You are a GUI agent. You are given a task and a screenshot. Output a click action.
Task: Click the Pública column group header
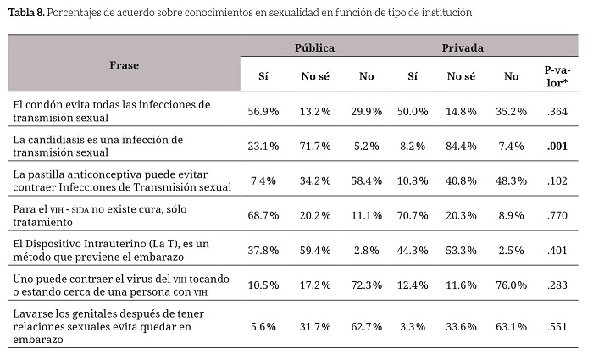(314, 48)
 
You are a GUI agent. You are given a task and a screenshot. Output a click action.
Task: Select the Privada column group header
(463, 48)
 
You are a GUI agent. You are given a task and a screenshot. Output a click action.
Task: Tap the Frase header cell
(124, 64)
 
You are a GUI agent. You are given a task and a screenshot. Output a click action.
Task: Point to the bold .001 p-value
(557, 146)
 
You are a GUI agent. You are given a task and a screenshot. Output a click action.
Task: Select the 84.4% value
(461, 146)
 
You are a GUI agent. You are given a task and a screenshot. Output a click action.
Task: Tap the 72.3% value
(366, 285)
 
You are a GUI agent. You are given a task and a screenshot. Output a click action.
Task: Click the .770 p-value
(557, 215)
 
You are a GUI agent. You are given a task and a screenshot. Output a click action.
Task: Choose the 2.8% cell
(366, 250)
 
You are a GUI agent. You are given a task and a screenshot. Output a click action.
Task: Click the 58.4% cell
(366, 180)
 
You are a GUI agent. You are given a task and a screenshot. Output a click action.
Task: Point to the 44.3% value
(413, 250)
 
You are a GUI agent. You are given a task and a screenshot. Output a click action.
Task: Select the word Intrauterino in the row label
(116, 243)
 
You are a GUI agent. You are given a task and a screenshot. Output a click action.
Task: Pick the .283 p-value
(557, 285)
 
